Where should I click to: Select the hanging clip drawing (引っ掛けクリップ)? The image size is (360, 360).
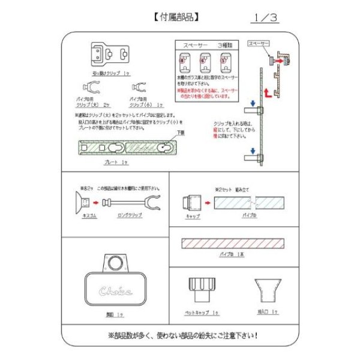coord(110,55)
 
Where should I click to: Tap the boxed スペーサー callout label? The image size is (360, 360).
coord(260,44)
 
